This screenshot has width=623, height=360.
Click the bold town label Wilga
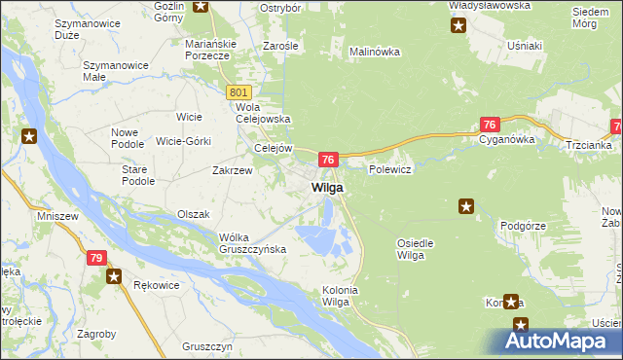[326, 187]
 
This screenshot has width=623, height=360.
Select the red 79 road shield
[95, 258]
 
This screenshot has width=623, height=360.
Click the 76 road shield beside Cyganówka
[491, 124]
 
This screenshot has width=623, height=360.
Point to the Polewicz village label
[391, 169]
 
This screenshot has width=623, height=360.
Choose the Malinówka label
[375, 52]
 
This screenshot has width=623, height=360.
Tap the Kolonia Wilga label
[341, 296]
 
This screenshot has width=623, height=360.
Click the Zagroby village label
[95, 334]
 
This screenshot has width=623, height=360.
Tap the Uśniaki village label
[525, 45]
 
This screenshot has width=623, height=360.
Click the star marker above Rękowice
[115, 277]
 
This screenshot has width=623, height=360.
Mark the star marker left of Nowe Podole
[29, 137]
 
